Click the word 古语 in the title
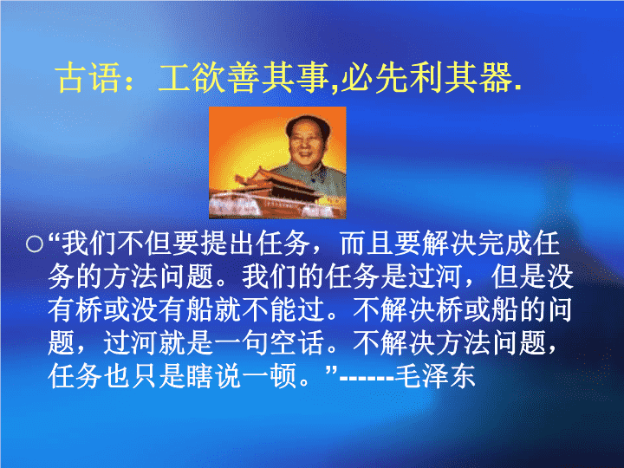click(88, 78)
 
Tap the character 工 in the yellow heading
click(173, 78)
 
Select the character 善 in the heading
click(242, 78)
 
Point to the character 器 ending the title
click(496, 78)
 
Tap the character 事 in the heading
click(312, 78)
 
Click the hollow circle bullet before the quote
click(35, 244)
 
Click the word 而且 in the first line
click(366, 244)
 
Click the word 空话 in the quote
click(296, 343)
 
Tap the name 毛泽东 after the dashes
click(435, 376)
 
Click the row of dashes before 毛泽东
click(367, 377)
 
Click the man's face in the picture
click(306, 142)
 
